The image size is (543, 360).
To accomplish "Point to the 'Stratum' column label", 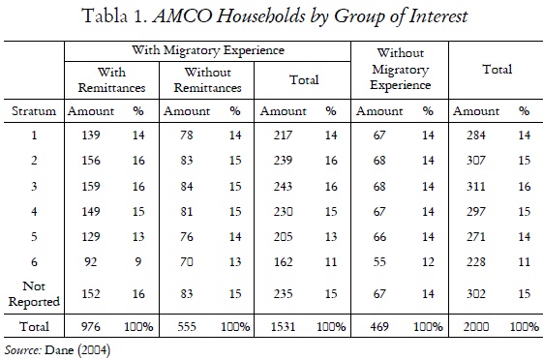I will pyautogui.click(x=34, y=112).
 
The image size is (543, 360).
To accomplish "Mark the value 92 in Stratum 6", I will pyautogui.click(x=89, y=261).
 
